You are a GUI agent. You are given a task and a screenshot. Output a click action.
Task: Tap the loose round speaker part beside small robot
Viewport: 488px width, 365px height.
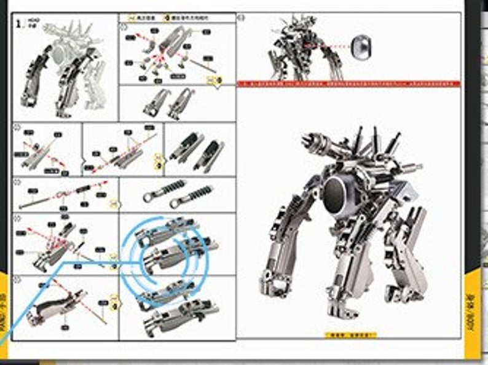360,45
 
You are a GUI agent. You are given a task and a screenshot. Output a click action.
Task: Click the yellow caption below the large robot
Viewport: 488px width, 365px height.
350,335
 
